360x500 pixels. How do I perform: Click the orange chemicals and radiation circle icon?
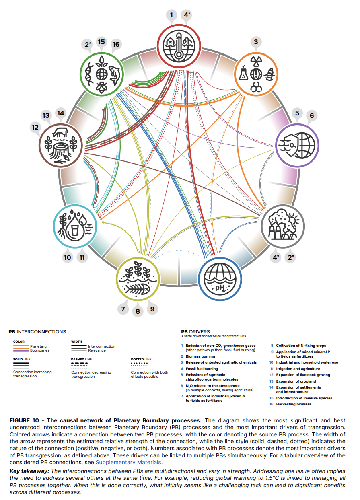(256, 74)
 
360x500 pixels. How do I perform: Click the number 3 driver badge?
(255, 42)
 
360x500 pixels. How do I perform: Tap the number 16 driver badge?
(116, 44)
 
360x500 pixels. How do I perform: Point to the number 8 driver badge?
(138, 311)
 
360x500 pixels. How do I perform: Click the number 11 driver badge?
(82, 257)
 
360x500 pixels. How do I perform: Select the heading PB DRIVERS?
(195, 332)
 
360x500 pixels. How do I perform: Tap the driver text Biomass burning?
(200, 356)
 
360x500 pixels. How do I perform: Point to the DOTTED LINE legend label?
(141, 359)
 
